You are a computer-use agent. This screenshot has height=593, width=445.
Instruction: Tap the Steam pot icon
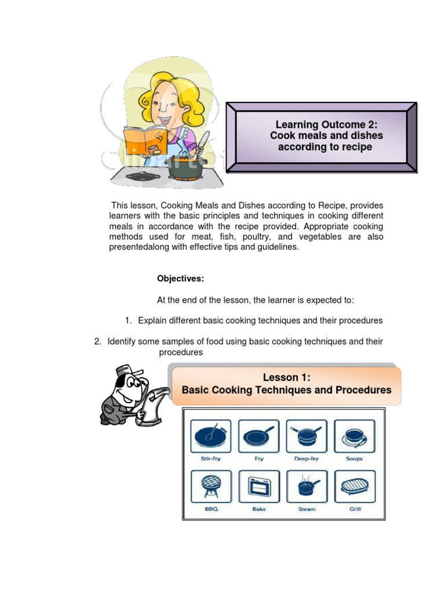point(307,486)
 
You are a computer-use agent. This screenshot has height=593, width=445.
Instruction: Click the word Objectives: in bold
point(180,279)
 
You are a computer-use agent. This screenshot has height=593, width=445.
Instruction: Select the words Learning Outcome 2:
point(326,125)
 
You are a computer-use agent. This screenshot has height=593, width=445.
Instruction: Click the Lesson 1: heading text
point(287,378)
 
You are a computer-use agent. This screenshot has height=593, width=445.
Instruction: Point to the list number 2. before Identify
point(98,342)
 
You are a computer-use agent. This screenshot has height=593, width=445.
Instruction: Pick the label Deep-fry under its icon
point(307,459)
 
